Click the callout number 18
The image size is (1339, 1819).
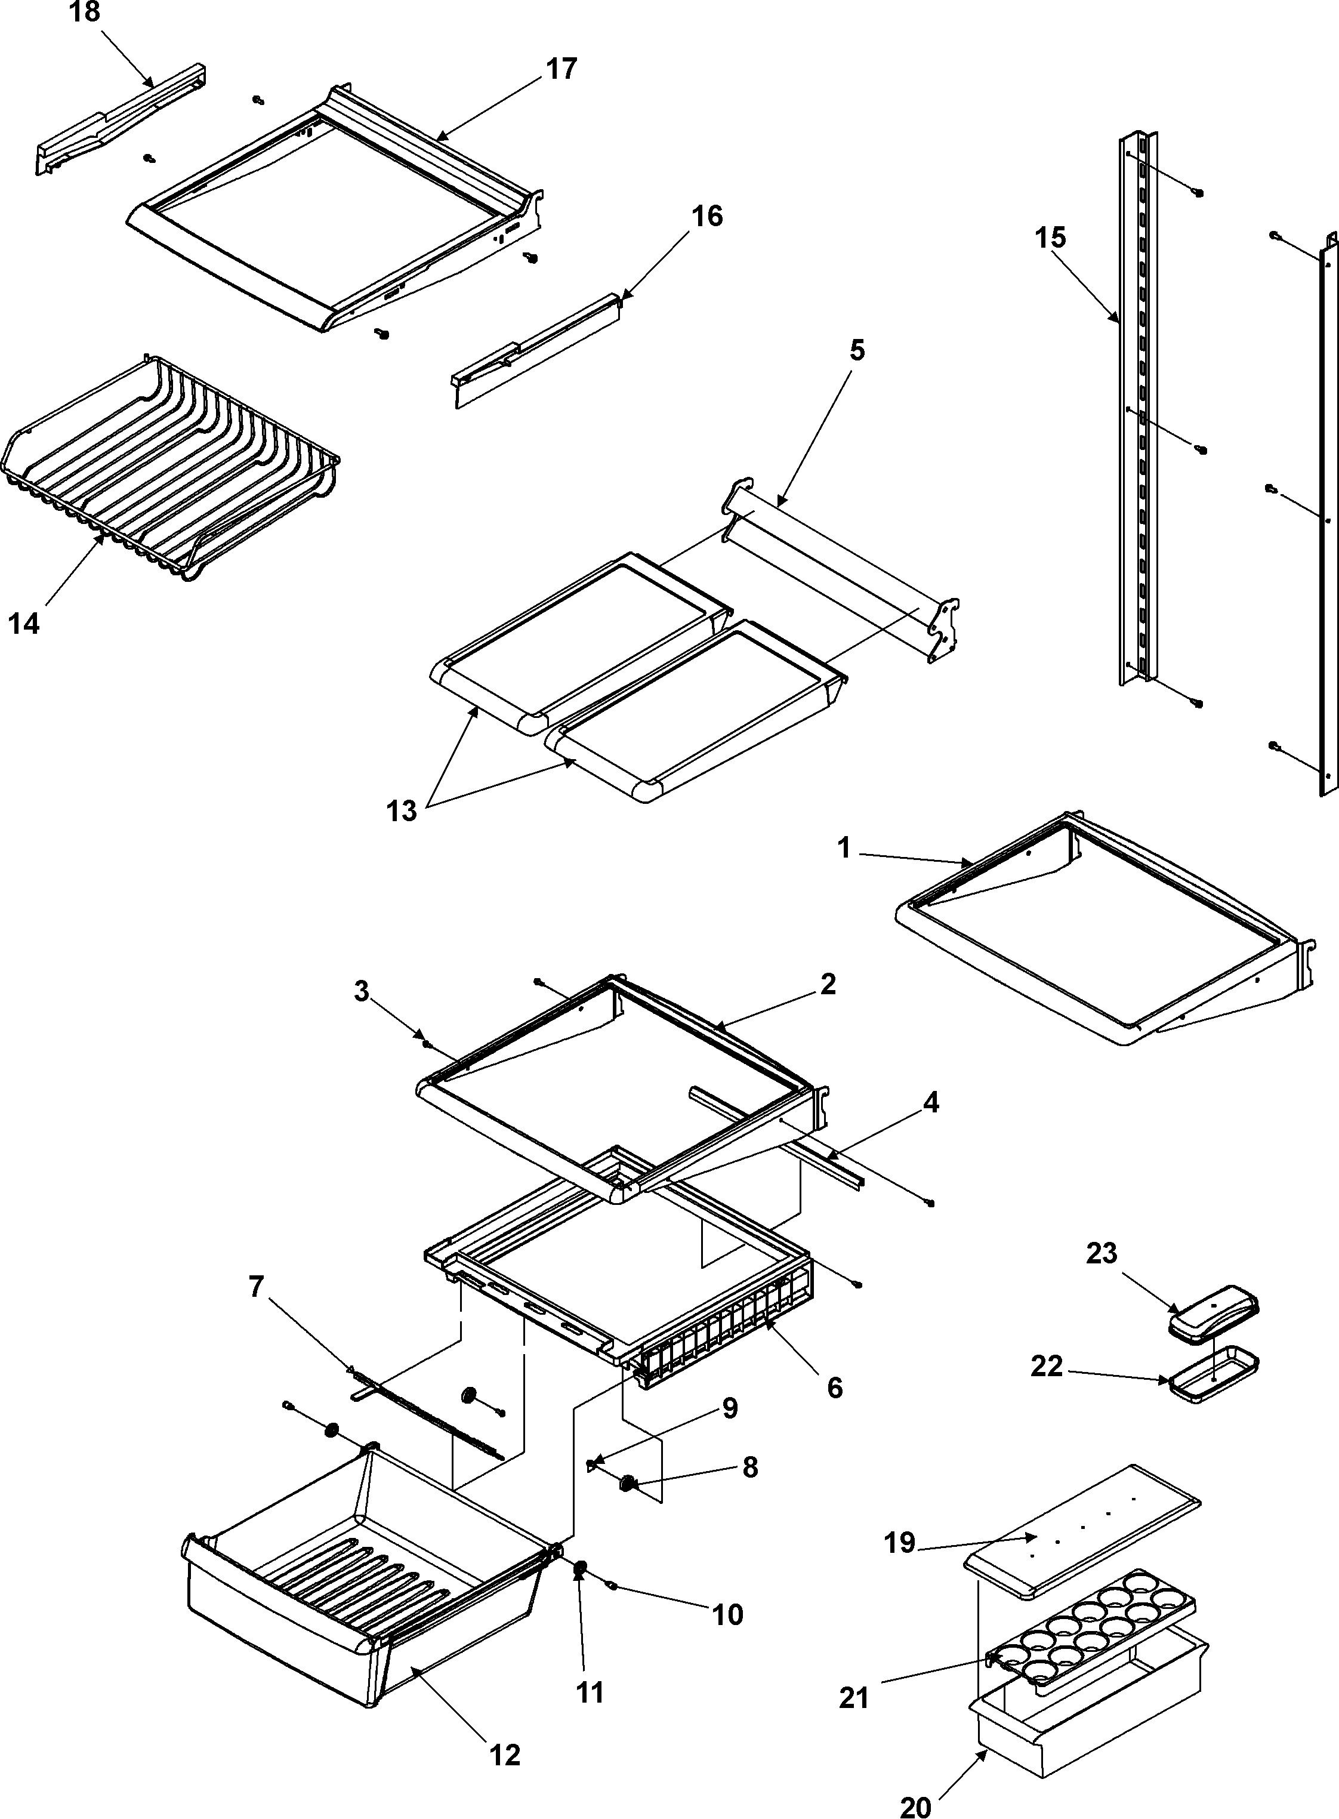(85, 13)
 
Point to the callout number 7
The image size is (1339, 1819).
(256, 1287)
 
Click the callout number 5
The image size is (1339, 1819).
(857, 350)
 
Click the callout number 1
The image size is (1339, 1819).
(844, 849)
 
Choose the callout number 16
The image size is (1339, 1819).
(706, 217)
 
